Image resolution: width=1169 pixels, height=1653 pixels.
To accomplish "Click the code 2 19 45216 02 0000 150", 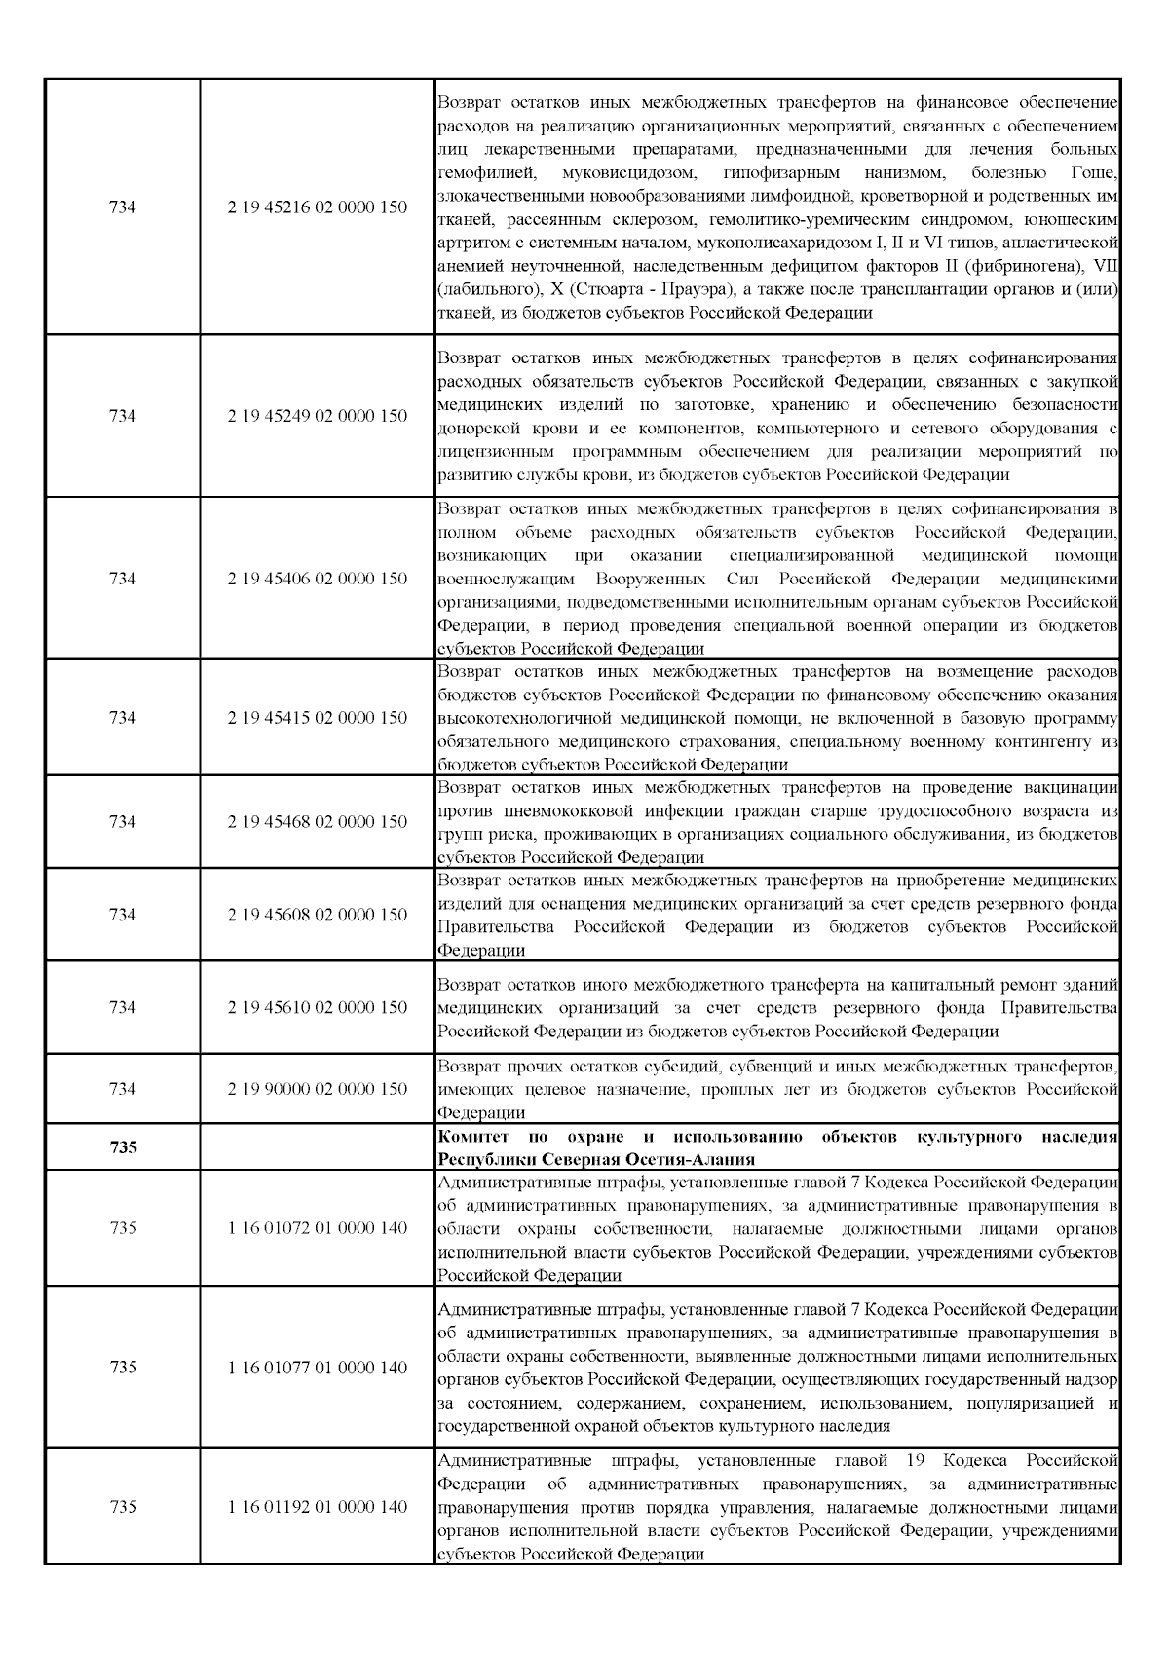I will pyautogui.click(x=318, y=207).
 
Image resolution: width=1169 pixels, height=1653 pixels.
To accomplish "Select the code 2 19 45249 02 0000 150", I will pyautogui.click(x=318, y=416).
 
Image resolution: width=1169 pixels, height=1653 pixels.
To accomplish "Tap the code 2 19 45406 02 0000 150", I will pyautogui.click(x=318, y=579).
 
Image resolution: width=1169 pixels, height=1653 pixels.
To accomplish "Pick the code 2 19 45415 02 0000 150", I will pyautogui.click(x=318, y=718).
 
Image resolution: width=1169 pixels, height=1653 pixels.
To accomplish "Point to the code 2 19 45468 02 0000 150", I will pyautogui.click(x=318, y=822).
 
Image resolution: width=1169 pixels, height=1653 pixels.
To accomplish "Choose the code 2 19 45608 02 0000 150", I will pyautogui.click(x=318, y=915).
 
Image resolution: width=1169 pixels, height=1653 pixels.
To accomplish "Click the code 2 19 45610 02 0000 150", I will pyautogui.click(x=318, y=1007).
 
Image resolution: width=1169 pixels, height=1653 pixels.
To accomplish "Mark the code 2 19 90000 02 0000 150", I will pyautogui.click(x=318, y=1089).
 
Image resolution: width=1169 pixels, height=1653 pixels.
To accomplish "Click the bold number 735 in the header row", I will pyautogui.click(x=123, y=1147).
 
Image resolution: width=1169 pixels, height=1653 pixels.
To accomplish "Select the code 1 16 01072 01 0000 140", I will pyautogui.click(x=318, y=1228).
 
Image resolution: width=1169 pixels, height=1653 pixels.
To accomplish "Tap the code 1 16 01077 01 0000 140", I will pyautogui.click(x=318, y=1368).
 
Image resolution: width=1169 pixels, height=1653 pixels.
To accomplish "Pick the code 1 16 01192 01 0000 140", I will pyautogui.click(x=318, y=1507).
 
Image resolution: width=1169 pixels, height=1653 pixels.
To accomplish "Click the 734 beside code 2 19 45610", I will pyautogui.click(x=123, y=1007).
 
